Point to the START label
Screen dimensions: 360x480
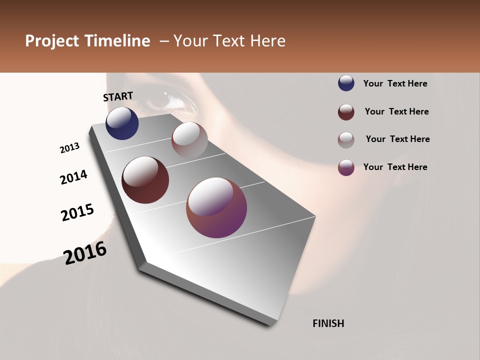(118, 96)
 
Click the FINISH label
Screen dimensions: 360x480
(328, 323)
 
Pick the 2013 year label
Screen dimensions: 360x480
(69, 148)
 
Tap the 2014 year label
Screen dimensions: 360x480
(73, 177)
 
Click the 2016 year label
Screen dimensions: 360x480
(85, 253)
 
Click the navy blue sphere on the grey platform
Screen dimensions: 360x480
(122, 123)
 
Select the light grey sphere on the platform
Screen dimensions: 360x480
(189, 139)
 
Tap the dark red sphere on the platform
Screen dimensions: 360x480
(145, 180)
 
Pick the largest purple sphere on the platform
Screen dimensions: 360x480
(216, 207)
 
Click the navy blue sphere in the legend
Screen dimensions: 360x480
(346, 83)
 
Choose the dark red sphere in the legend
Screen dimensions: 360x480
(346, 112)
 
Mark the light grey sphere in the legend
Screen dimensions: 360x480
(346, 139)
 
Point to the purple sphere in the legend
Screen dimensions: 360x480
(346, 167)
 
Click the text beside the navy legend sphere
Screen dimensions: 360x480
(395, 83)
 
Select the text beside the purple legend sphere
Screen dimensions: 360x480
(395, 167)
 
